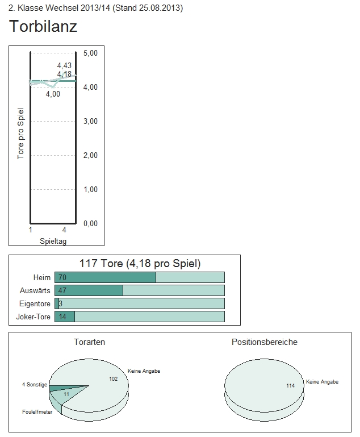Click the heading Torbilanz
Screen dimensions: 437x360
(x=43, y=26)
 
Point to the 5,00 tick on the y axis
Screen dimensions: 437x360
(x=90, y=53)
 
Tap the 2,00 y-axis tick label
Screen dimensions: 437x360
(x=90, y=155)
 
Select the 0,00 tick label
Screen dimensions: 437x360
(x=90, y=223)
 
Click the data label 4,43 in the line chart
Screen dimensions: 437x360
(x=64, y=66)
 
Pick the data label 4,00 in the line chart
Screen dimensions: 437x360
(x=53, y=94)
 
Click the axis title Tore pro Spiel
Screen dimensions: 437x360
(x=20, y=133)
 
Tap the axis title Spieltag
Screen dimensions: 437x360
(x=54, y=241)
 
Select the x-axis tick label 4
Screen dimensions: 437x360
(x=65, y=230)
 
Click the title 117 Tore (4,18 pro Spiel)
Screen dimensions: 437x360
(x=140, y=264)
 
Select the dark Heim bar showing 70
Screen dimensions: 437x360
(x=105, y=277)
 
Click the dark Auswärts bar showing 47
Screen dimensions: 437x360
(x=89, y=290)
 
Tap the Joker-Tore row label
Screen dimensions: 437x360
(x=35, y=317)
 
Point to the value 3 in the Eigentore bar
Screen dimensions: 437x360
(x=60, y=303)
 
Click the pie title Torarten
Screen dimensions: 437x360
(x=89, y=342)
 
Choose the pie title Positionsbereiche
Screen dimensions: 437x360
(x=264, y=342)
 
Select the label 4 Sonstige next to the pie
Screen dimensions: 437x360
(x=35, y=385)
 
